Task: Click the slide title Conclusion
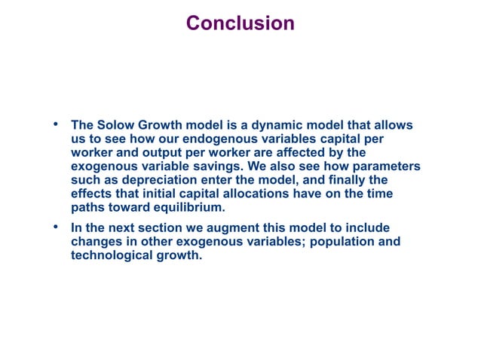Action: point(240,23)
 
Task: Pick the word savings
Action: point(229,166)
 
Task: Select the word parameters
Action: point(384,166)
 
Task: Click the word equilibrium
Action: point(188,207)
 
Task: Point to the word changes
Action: point(97,241)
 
